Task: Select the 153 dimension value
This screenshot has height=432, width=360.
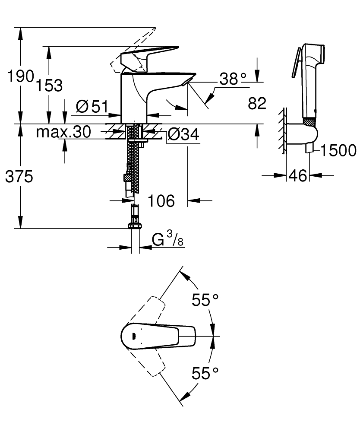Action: pyautogui.click(x=49, y=85)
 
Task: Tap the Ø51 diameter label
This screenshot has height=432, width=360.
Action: pyautogui.click(x=92, y=106)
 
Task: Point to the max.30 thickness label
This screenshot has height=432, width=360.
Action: pyautogui.click(x=63, y=132)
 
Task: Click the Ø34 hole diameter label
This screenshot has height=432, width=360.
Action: pyautogui.click(x=183, y=135)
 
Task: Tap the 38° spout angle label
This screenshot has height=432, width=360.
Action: pyautogui.click(x=233, y=79)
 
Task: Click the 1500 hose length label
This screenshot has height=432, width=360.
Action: pyautogui.click(x=338, y=150)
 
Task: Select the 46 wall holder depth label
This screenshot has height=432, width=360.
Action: pyautogui.click(x=298, y=176)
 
